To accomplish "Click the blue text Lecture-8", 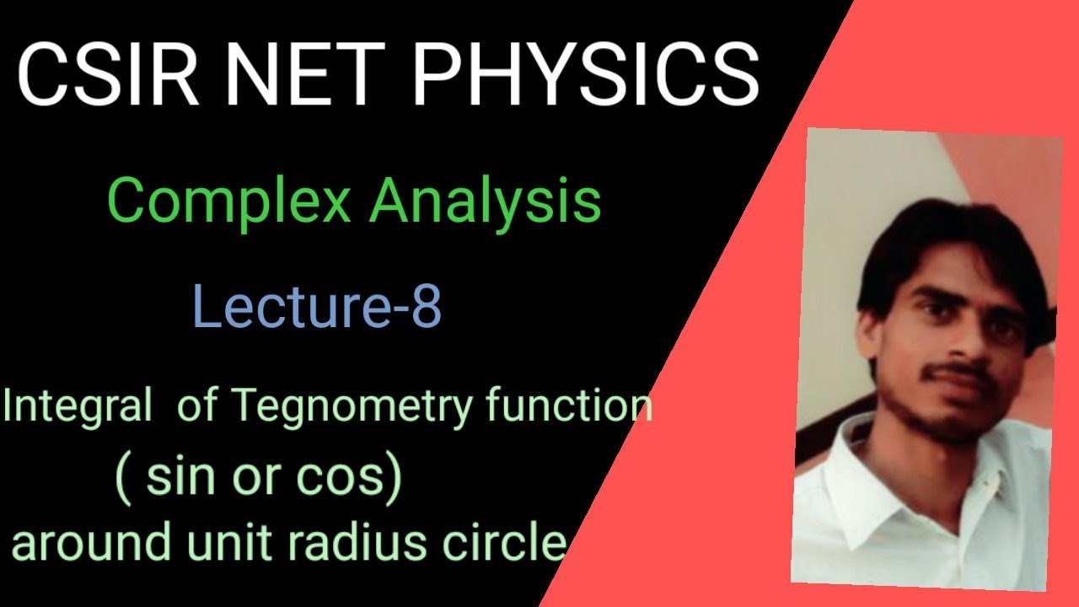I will (x=317, y=307).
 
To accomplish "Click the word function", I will (x=569, y=407).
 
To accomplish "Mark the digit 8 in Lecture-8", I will (x=425, y=307).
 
